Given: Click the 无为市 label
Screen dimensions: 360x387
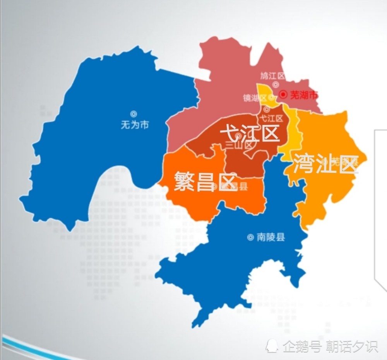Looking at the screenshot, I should tap(134, 125).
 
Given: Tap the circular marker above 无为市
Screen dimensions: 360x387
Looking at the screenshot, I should tap(134, 114).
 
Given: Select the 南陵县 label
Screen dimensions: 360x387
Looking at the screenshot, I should tap(271, 237).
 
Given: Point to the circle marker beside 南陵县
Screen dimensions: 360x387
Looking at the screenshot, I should tap(250, 237).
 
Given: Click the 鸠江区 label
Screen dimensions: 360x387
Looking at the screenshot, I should tap(272, 75).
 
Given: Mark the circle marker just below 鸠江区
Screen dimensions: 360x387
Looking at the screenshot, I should tap(276, 84).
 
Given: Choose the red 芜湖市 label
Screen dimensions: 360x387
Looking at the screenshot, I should tap(304, 95).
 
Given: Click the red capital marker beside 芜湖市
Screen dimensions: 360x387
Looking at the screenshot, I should tap(284, 94).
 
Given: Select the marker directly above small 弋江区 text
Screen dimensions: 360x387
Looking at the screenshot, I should tap(267, 109).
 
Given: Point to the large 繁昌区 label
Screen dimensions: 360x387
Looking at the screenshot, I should tap(205, 181).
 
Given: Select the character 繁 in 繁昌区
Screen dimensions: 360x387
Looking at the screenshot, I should tap(183, 181).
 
